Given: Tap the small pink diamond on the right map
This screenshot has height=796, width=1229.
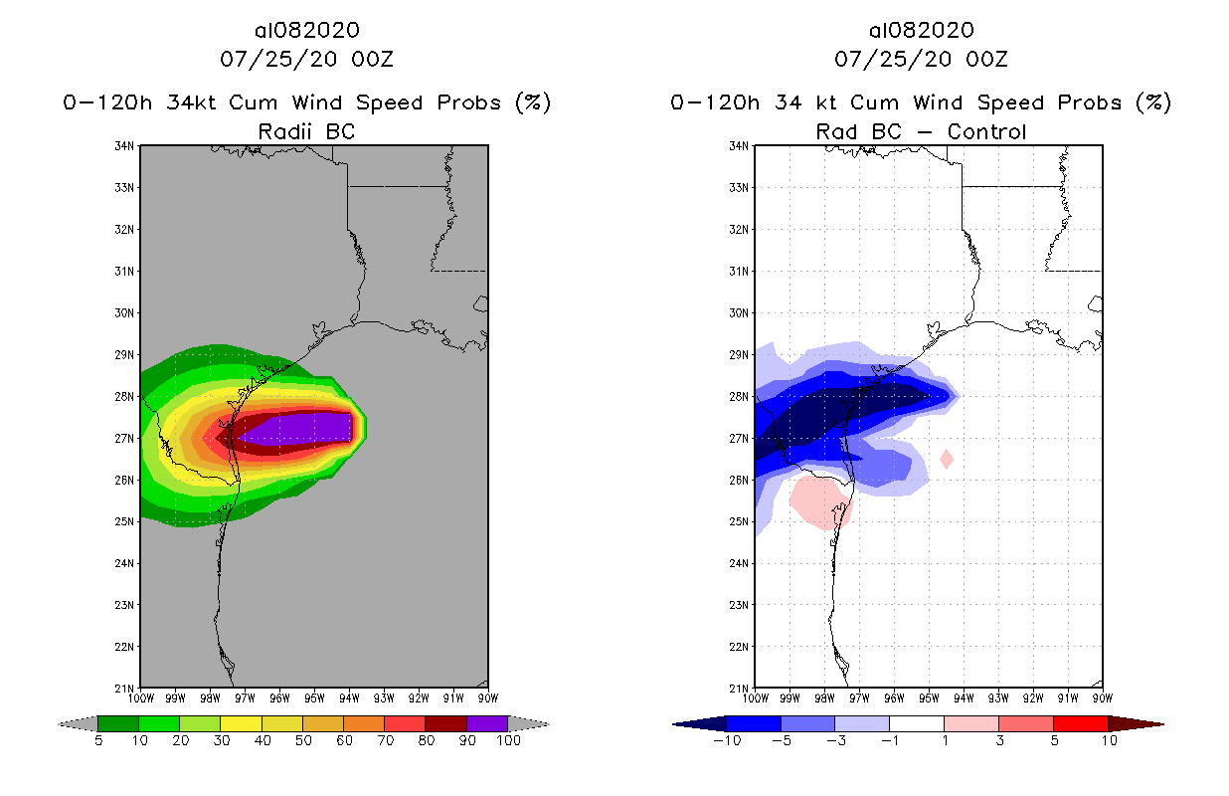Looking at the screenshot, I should click(947, 459).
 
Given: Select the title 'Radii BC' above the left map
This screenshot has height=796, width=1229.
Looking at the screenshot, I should click(306, 131).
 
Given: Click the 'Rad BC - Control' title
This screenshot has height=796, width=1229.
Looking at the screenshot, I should click(921, 131).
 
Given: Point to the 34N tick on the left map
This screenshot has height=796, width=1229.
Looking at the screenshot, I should click(126, 146).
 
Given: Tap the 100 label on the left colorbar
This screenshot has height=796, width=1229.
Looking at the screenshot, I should click(508, 740).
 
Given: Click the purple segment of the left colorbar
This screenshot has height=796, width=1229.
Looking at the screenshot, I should click(487, 723).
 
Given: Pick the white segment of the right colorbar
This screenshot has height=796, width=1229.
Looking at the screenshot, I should click(917, 723).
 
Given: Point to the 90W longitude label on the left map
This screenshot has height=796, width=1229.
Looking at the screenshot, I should click(487, 697).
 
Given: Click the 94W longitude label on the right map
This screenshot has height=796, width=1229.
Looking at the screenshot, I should click(964, 697).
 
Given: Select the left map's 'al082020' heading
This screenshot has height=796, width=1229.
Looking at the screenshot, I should click(306, 30).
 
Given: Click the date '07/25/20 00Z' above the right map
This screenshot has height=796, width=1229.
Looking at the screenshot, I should click(921, 59).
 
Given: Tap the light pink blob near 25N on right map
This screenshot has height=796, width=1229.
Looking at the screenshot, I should click(820, 500).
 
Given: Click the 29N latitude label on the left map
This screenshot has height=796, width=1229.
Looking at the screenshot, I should click(126, 354).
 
